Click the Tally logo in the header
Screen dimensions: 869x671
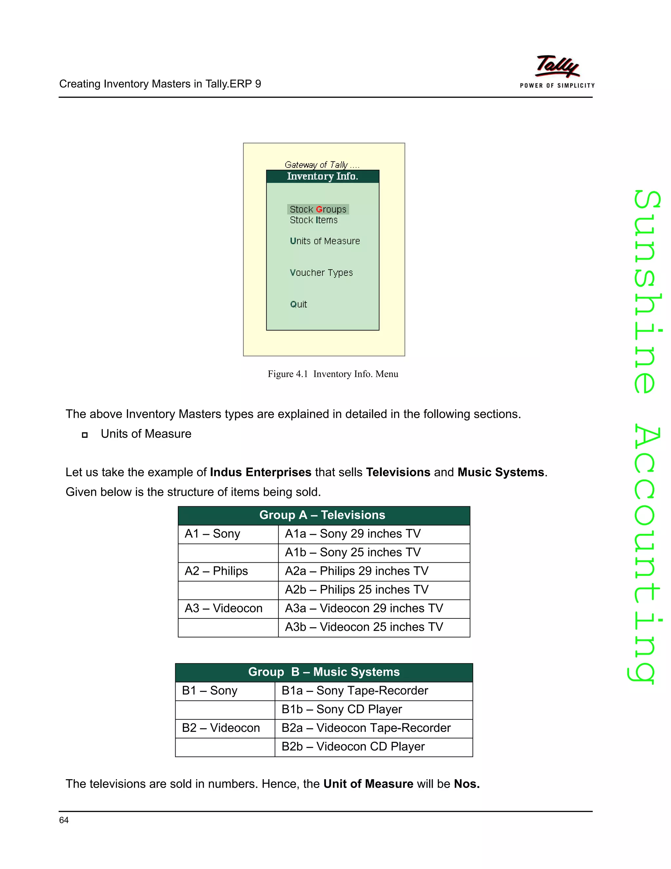click(x=557, y=71)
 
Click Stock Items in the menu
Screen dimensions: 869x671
click(x=313, y=220)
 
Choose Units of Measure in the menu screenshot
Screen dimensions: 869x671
click(x=324, y=241)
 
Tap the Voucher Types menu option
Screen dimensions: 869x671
click(x=321, y=273)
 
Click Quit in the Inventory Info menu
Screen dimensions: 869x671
click(x=298, y=304)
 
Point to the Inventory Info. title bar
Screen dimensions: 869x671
click(x=322, y=176)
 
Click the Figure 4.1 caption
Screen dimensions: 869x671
click(x=333, y=374)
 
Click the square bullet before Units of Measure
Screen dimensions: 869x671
click(x=85, y=435)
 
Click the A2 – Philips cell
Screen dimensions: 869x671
click(x=216, y=571)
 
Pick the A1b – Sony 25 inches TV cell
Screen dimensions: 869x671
click(x=353, y=552)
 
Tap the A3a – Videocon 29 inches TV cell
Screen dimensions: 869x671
click(x=364, y=608)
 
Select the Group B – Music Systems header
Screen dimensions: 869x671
click(x=324, y=672)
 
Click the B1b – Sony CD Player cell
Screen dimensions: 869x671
click(x=341, y=709)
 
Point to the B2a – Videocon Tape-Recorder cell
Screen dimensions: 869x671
click(x=366, y=728)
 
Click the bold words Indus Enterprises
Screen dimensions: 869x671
click(x=260, y=472)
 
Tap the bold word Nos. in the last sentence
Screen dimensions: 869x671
click(x=467, y=784)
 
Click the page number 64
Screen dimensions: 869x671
click(x=64, y=820)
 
